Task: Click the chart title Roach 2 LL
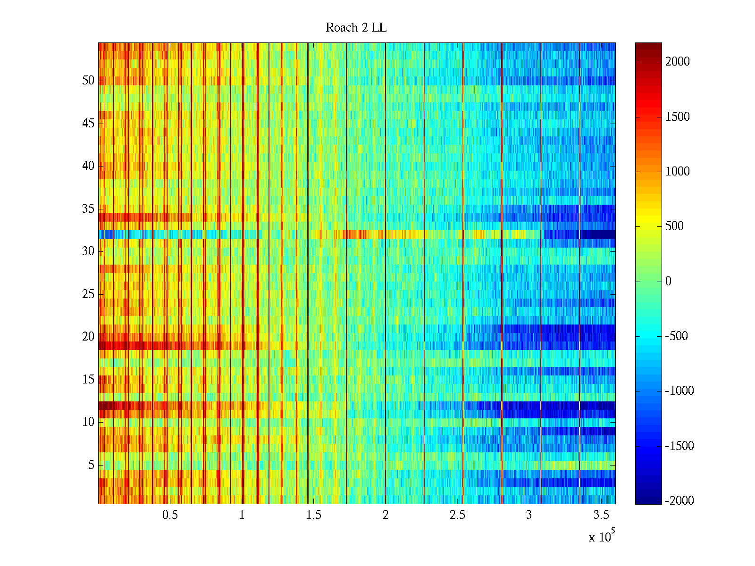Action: point(356,28)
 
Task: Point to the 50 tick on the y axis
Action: point(88,81)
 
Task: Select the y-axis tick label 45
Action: point(88,124)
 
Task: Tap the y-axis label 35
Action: point(88,209)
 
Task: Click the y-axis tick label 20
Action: point(88,337)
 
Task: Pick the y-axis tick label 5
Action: point(91,465)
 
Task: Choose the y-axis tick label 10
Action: point(88,422)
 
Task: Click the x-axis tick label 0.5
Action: point(170,515)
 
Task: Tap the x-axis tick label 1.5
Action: point(313,515)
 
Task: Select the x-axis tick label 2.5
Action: point(457,515)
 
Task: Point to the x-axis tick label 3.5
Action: point(600,515)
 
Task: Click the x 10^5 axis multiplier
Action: point(601,536)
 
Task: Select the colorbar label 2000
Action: point(678,62)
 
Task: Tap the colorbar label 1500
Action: point(678,117)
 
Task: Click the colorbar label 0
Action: point(668,282)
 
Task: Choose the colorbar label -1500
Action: point(679,446)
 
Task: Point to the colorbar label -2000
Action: point(679,501)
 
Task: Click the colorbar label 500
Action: point(675,226)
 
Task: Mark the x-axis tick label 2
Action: point(386,515)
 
